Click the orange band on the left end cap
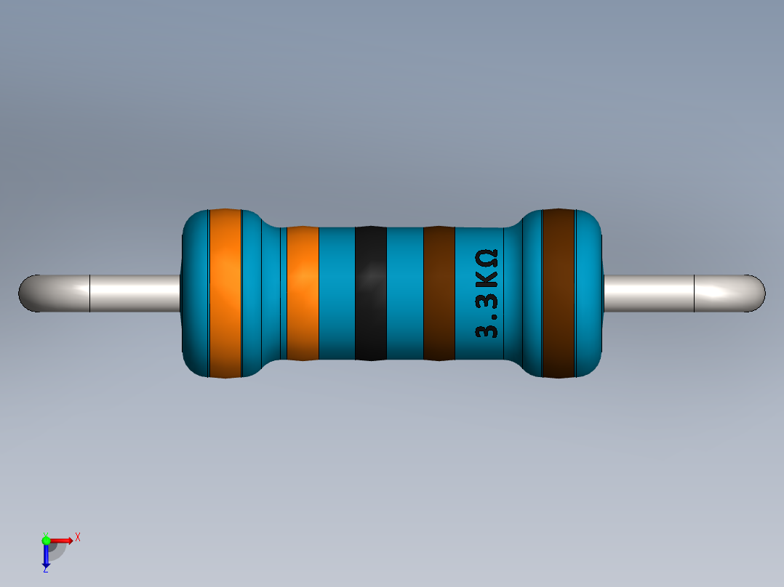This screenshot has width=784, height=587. point(225,293)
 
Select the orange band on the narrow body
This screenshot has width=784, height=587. point(303,293)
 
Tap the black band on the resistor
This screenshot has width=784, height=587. point(370,293)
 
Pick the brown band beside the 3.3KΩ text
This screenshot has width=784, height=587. point(439,293)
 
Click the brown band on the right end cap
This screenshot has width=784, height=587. point(559,293)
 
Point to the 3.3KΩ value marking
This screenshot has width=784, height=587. point(487,293)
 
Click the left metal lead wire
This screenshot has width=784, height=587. point(109,293)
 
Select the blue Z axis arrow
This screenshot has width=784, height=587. point(46,556)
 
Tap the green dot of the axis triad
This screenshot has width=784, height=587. point(46,540)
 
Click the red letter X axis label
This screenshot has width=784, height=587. point(77,537)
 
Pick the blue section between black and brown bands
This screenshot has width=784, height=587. point(404,293)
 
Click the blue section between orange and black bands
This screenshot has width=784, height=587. point(337,293)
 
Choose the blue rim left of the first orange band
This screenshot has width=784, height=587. point(195,293)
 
